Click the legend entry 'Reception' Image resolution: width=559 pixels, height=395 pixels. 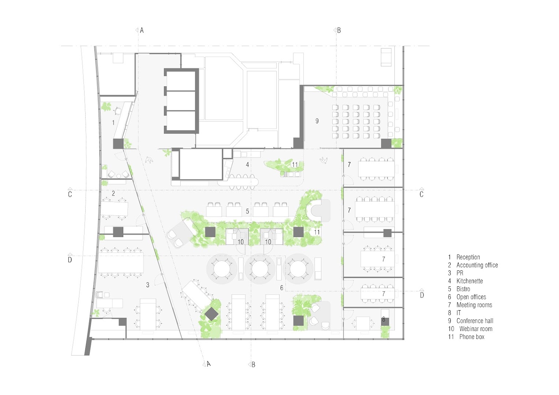(468, 257)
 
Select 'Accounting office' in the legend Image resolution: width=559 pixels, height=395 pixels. (477, 265)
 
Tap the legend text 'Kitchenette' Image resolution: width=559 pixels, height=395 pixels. (470, 281)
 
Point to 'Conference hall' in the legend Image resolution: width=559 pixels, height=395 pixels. (475, 321)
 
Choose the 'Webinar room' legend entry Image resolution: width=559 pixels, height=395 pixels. (476, 329)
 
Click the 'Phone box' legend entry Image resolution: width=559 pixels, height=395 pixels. (472, 337)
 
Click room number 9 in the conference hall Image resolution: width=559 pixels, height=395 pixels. (317, 121)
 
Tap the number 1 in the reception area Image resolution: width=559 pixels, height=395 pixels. (113, 123)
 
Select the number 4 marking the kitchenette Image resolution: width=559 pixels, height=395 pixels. (247, 165)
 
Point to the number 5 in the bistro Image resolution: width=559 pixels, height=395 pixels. (247, 211)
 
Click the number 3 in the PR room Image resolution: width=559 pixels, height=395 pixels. (148, 285)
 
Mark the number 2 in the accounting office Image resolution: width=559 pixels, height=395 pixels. (113, 193)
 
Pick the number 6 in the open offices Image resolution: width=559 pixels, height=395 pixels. (281, 288)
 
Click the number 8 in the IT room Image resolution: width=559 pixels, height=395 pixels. (383, 319)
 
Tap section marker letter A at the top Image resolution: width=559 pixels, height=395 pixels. (142, 30)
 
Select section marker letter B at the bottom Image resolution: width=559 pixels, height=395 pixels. (253, 365)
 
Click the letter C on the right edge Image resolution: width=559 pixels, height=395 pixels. (421, 194)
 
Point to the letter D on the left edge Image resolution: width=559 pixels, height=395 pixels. (70, 260)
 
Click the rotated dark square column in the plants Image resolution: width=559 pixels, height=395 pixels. (211, 314)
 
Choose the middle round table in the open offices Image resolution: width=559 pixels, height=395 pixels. (259, 269)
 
